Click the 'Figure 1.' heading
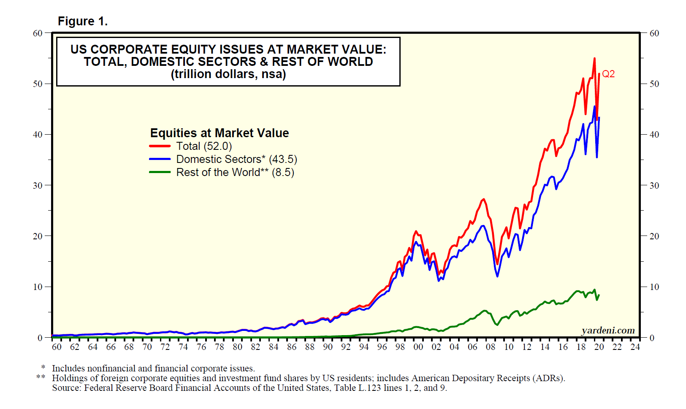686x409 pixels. click(x=83, y=21)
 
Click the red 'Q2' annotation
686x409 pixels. click(x=608, y=74)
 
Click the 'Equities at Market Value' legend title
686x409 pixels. click(x=220, y=133)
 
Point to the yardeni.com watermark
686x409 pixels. click(x=608, y=330)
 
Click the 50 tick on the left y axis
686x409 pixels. click(x=38, y=84)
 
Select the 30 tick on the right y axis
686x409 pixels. click(x=654, y=185)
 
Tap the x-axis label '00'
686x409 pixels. click(x=418, y=347)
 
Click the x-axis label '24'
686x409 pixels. click(x=635, y=347)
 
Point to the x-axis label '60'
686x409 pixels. click(x=57, y=347)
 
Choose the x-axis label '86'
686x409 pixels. click(x=292, y=347)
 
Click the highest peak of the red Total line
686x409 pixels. click(x=594, y=59)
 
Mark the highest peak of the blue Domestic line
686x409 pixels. click(x=594, y=106)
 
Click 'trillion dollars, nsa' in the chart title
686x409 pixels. click(x=228, y=74)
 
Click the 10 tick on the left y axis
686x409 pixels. click(x=38, y=287)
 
